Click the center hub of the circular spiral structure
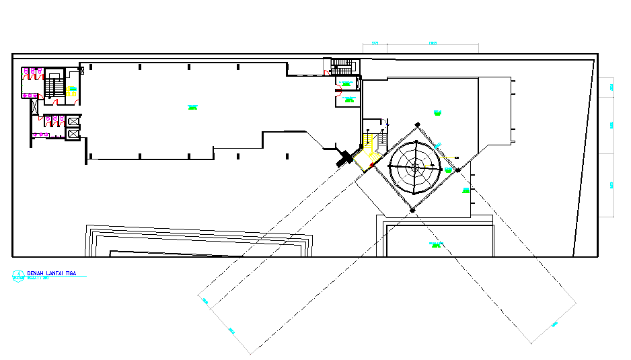coord(416,166)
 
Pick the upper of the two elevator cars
coord(72,121)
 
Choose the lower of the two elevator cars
coord(72,133)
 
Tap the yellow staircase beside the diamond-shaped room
coord(369,144)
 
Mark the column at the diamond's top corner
coord(417,124)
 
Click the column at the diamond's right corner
coord(457,170)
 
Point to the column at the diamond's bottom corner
coord(412,211)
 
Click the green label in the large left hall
coord(192,107)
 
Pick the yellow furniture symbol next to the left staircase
coord(70,94)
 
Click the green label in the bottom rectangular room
coord(435,244)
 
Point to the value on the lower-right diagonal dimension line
coord(554,325)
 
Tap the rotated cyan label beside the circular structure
coord(439,145)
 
